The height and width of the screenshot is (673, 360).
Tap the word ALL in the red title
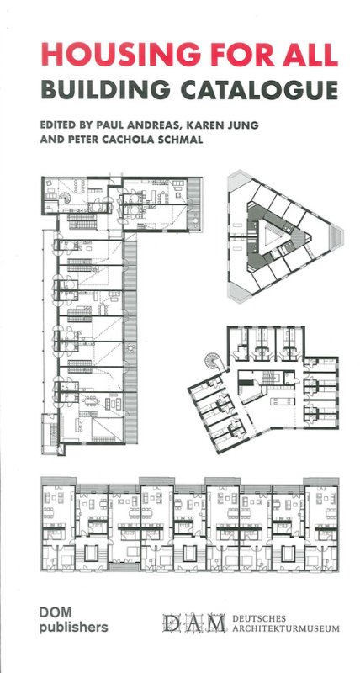click(x=310, y=55)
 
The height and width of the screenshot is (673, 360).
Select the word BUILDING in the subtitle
click(x=104, y=89)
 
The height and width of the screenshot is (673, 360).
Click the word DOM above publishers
click(x=50, y=612)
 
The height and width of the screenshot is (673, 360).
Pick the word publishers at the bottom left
click(x=73, y=628)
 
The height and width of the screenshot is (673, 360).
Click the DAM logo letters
click(x=194, y=623)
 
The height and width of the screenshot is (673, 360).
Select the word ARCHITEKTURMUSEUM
click(x=285, y=628)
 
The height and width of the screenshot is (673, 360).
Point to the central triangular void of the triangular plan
click(x=272, y=236)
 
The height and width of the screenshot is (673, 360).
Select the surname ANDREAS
click(x=161, y=125)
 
